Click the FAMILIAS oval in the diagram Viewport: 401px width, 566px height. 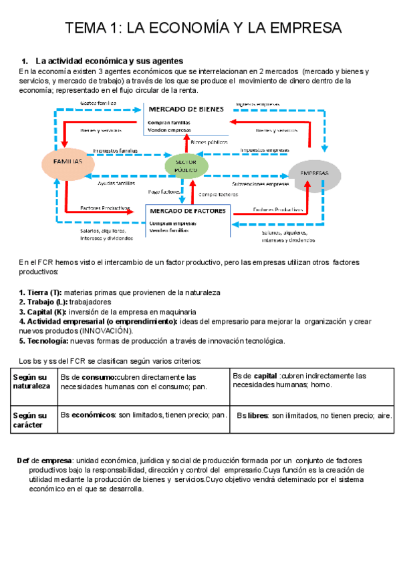68,162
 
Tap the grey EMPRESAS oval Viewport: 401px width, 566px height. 313,173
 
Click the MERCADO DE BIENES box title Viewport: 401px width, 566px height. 185,109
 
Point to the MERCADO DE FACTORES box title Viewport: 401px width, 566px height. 187,211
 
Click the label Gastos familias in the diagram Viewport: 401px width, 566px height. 98,103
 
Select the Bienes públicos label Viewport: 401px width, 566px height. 209,141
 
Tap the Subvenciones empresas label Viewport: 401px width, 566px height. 260,183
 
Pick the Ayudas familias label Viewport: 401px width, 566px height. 116,183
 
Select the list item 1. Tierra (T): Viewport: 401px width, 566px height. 40,293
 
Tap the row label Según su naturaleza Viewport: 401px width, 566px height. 31,381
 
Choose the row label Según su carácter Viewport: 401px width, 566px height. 30,420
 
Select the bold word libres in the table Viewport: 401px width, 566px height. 257,415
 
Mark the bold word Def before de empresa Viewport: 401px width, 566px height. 23,461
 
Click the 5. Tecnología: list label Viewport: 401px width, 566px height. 43,340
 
